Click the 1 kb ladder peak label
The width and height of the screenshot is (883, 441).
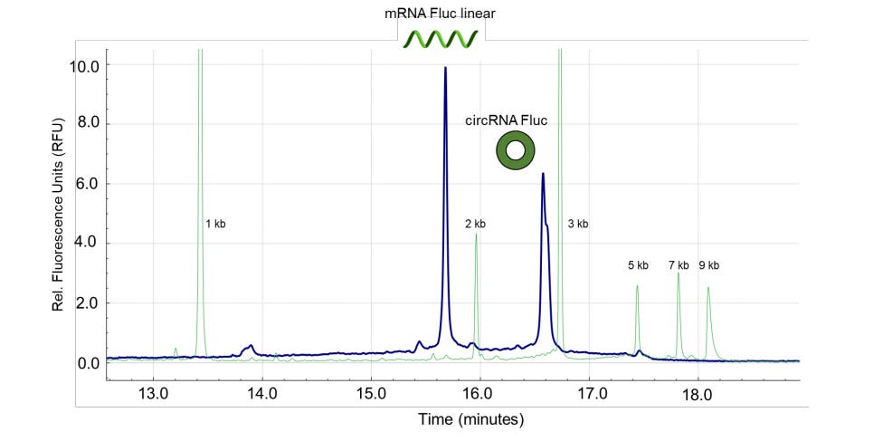click(x=214, y=224)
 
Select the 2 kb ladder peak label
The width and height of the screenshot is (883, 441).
click(x=475, y=224)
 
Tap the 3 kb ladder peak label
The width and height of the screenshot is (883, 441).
click(x=578, y=224)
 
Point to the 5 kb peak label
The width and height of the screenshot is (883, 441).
click(x=638, y=265)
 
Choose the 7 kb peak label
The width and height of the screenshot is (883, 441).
click(x=679, y=265)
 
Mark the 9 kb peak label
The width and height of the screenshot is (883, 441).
click(x=708, y=265)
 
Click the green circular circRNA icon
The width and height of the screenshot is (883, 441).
click(x=515, y=150)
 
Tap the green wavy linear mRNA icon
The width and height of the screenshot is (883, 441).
click(x=441, y=38)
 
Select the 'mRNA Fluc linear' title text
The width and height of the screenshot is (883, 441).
click(x=441, y=14)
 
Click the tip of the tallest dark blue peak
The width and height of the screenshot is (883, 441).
click(x=445, y=68)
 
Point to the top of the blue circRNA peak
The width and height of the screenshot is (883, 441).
click(x=542, y=174)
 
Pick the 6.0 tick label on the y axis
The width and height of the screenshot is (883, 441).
click(x=87, y=184)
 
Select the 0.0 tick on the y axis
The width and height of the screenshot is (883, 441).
click(x=87, y=363)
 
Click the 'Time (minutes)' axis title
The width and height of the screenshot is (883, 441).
click(x=470, y=419)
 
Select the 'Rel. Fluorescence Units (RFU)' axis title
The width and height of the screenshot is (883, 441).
click(x=58, y=215)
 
